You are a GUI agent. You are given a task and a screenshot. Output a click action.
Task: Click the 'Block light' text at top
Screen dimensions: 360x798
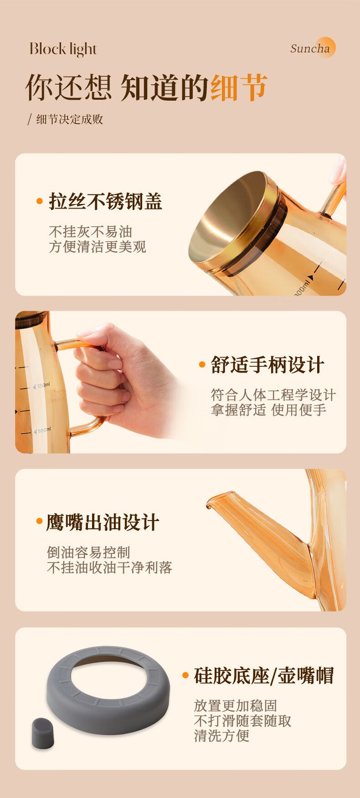point(63,49)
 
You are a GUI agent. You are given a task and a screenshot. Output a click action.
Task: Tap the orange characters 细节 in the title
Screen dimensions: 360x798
point(238,87)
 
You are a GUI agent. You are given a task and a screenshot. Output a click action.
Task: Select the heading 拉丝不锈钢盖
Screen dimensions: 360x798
point(105,201)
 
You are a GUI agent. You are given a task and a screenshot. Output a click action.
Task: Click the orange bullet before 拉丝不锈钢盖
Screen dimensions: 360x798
point(40,201)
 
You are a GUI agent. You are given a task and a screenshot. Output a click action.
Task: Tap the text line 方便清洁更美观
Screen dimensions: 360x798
point(98,247)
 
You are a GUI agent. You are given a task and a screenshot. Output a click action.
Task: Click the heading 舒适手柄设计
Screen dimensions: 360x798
point(267,365)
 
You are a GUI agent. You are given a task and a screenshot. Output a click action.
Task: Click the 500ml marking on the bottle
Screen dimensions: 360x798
point(42,430)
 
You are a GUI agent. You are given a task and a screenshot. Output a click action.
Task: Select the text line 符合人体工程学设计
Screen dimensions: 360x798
point(273,395)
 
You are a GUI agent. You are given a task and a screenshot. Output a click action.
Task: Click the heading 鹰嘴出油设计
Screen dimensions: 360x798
point(103,522)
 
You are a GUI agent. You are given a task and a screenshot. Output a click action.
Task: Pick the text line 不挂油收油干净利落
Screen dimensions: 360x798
point(109,568)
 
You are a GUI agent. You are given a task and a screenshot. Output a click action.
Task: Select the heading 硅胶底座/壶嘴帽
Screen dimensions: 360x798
point(264,675)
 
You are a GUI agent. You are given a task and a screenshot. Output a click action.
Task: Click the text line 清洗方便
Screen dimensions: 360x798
point(221,736)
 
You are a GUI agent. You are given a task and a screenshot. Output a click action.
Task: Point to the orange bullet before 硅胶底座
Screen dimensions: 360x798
point(185,675)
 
